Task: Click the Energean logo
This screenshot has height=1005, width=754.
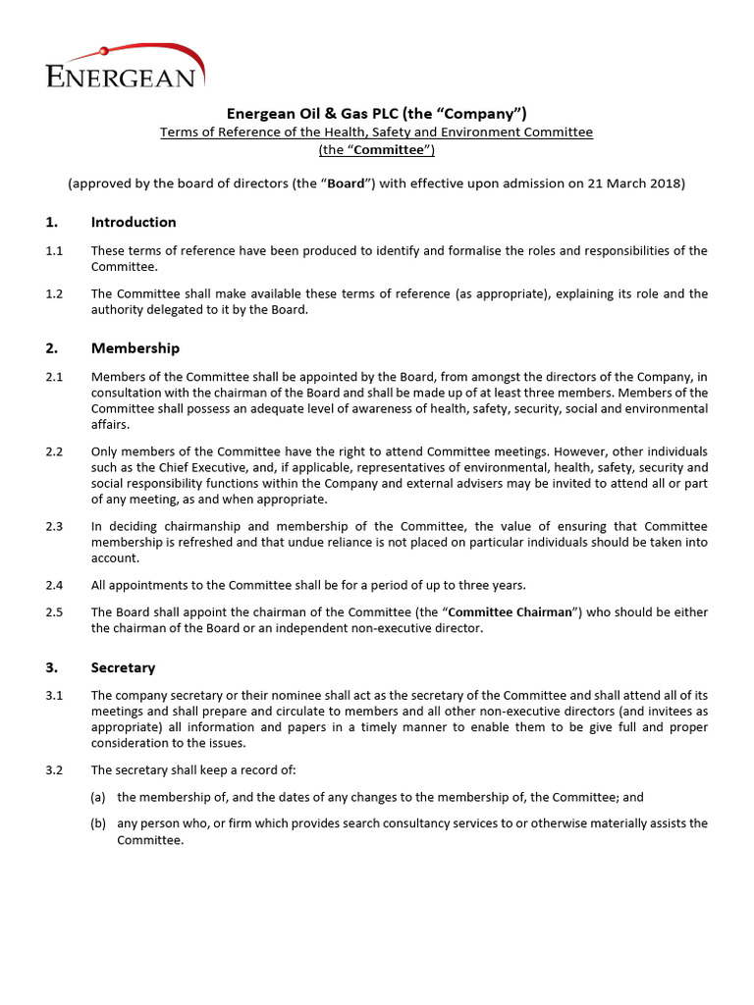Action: click(x=124, y=68)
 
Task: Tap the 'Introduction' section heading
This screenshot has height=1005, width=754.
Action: click(x=134, y=222)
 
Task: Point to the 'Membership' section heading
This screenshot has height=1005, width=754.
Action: click(x=135, y=348)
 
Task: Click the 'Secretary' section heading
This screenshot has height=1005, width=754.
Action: click(x=123, y=667)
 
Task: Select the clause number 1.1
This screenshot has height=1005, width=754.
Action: click(x=54, y=251)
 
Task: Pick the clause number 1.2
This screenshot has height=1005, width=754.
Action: click(x=54, y=293)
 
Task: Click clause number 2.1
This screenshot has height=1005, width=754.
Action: click(x=54, y=377)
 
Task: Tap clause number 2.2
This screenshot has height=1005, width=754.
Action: click(x=54, y=451)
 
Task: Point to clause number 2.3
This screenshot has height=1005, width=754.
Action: click(x=54, y=527)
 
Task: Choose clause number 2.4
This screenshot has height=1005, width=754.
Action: click(x=54, y=585)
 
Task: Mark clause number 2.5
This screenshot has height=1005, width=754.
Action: click(x=54, y=612)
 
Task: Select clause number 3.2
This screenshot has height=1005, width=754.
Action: click(x=54, y=769)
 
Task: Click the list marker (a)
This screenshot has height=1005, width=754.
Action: click(x=98, y=797)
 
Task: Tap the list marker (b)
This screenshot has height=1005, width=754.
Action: click(x=98, y=823)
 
